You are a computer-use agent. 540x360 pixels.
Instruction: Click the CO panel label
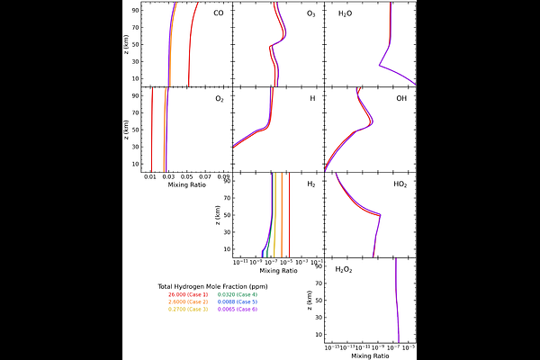point(219,13)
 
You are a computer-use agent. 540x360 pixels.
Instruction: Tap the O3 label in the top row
point(310,13)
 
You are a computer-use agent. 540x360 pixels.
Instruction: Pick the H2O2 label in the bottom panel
point(344,269)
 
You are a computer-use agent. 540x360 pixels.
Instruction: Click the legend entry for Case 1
point(187,294)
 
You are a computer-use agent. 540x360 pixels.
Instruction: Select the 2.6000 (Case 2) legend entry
point(187,301)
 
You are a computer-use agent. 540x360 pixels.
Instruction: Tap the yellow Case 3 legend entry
point(187,310)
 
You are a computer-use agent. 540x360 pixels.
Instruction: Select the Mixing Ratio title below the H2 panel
point(278,271)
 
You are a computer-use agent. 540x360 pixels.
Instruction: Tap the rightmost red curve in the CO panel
point(190,54)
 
